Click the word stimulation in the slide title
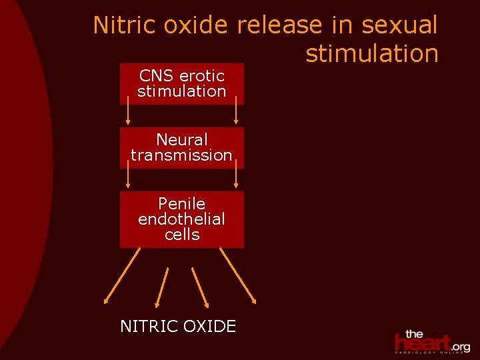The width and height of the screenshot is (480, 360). coord(372,53)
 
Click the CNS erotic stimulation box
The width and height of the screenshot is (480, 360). coord(182,84)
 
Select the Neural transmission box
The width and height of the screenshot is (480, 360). coord(182,147)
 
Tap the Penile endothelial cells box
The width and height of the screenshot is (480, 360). coord(182,219)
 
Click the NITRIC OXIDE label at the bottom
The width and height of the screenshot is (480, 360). coord(178,326)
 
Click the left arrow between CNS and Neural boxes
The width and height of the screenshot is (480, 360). coord(128,110)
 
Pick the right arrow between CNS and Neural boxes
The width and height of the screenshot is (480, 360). coord(236,110)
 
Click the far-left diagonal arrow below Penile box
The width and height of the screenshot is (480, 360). coord(122,276)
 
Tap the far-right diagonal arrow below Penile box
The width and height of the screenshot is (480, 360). coord(239,276)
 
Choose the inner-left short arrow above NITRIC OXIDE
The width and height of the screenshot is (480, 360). coord(162,287)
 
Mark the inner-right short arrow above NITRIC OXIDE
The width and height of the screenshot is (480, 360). coord(201,287)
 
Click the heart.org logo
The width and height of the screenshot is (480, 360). coord(431,341)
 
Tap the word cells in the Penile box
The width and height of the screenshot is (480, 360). coord(182,235)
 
